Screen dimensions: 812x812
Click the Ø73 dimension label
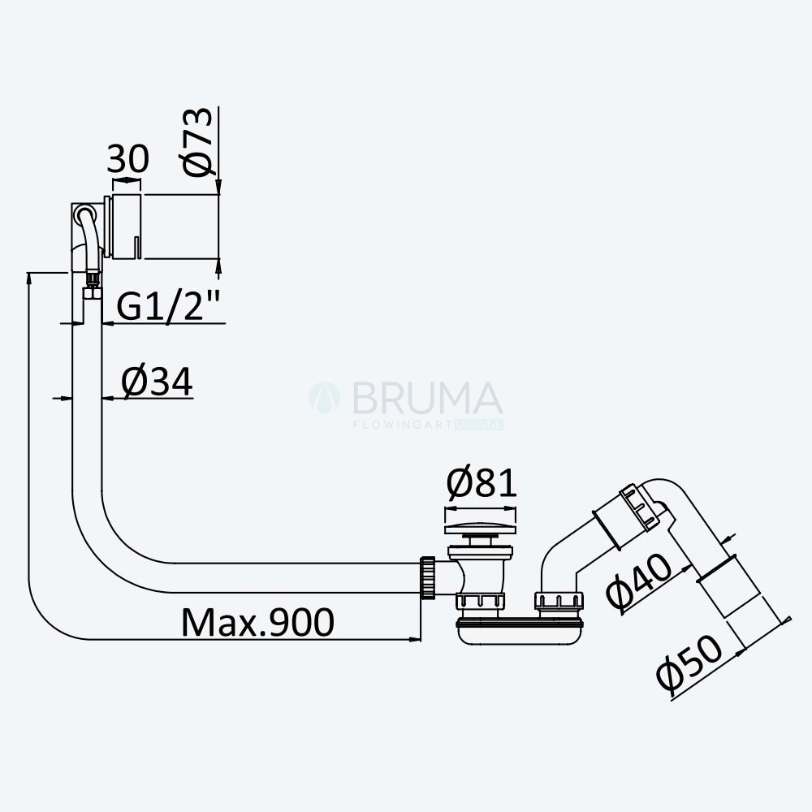point(198,142)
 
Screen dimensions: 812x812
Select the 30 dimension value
point(128,159)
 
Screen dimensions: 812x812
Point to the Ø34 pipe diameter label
point(157,382)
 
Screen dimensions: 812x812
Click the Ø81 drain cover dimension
point(482,482)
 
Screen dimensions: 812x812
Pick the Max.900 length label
point(258,622)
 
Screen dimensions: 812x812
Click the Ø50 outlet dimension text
point(689,663)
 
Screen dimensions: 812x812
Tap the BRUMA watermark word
point(427,398)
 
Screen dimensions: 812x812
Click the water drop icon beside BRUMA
point(325,398)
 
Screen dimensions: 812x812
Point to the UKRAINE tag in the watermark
point(479,425)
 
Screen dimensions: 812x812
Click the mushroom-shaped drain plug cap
point(481,529)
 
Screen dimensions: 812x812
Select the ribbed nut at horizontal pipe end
point(428,578)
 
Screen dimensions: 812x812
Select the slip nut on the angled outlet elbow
point(641,508)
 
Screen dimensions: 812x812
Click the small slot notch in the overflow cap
point(136,247)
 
